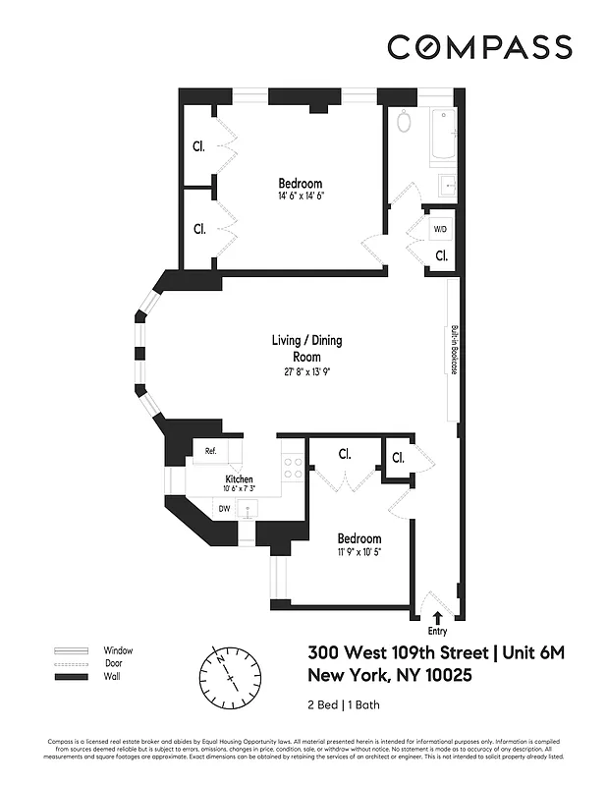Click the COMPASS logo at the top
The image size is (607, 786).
click(x=478, y=46)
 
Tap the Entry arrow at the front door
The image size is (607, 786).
click(x=436, y=617)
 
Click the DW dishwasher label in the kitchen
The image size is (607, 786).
click(x=224, y=508)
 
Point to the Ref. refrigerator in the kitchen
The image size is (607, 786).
click(x=210, y=451)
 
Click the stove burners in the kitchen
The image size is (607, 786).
click(x=293, y=467)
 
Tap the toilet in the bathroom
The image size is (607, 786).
click(x=404, y=123)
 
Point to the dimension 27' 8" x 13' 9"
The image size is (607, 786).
click(x=306, y=371)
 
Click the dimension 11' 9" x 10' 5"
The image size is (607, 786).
click(x=359, y=552)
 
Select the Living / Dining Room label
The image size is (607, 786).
click(x=306, y=349)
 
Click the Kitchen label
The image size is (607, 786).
click(x=239, y=479)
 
